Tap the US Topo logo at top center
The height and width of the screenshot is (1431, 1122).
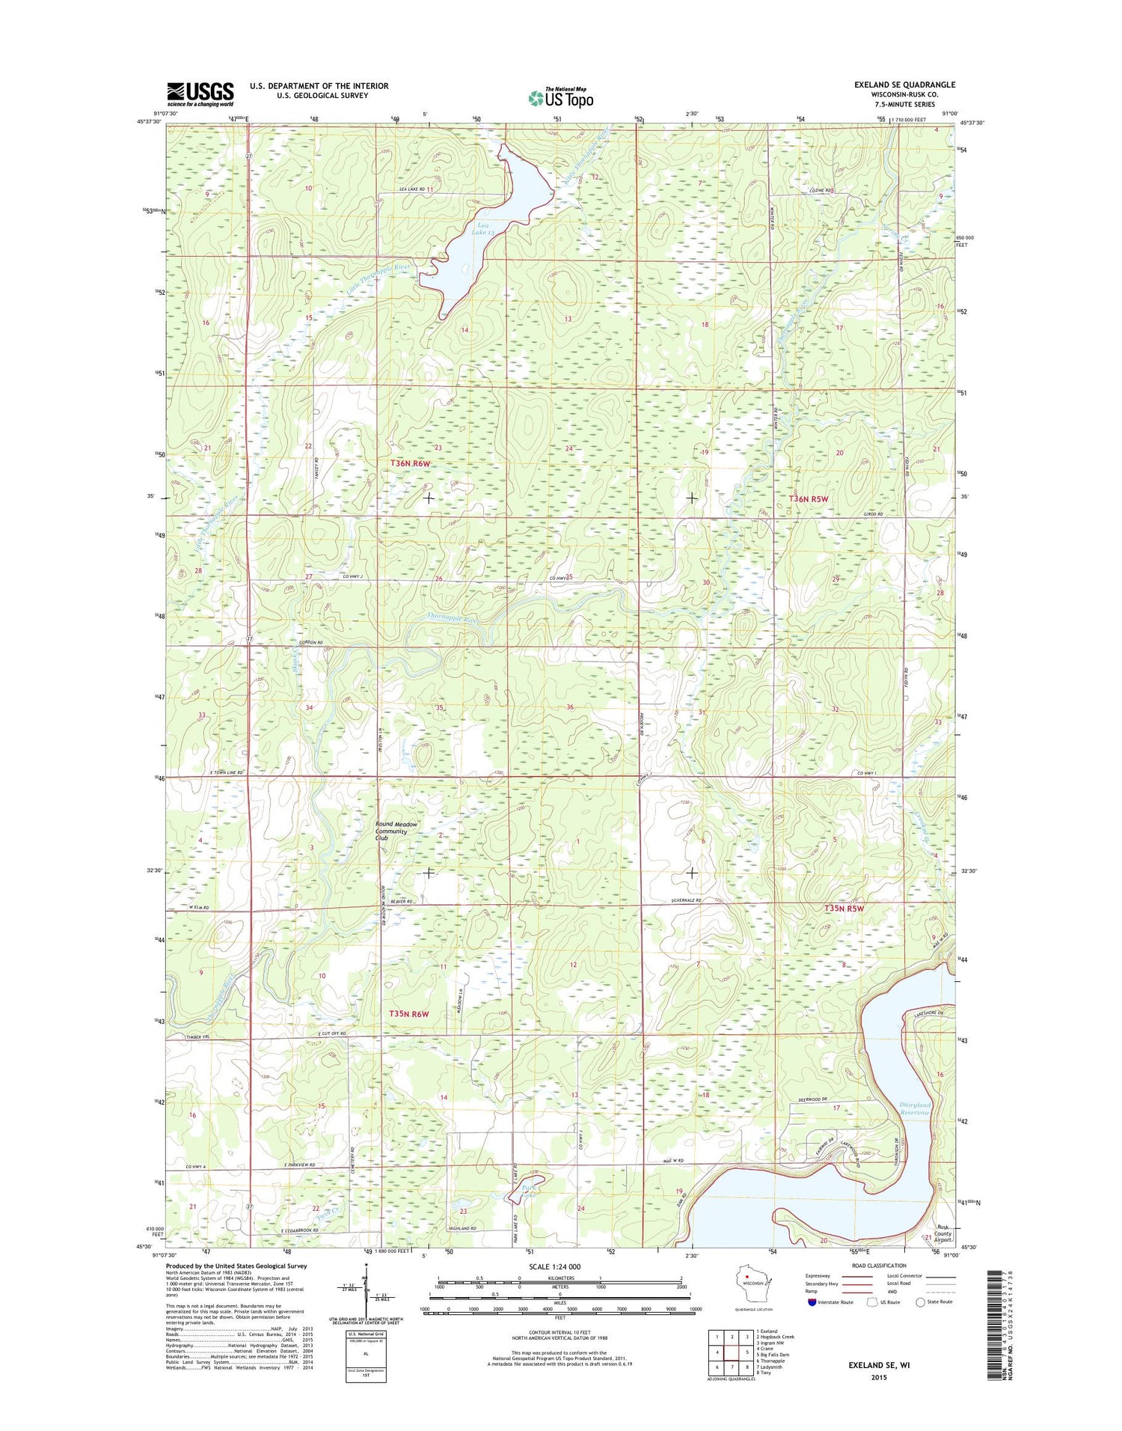pos(561,97)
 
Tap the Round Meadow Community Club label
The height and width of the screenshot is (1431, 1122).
pos(396,831)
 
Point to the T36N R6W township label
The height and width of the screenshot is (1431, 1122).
pos(411,463)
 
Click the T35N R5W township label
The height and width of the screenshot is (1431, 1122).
pos(844,909)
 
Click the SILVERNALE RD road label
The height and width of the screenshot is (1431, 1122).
pos(687,901)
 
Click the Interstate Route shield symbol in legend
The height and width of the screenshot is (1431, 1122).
pos(812,1302)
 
